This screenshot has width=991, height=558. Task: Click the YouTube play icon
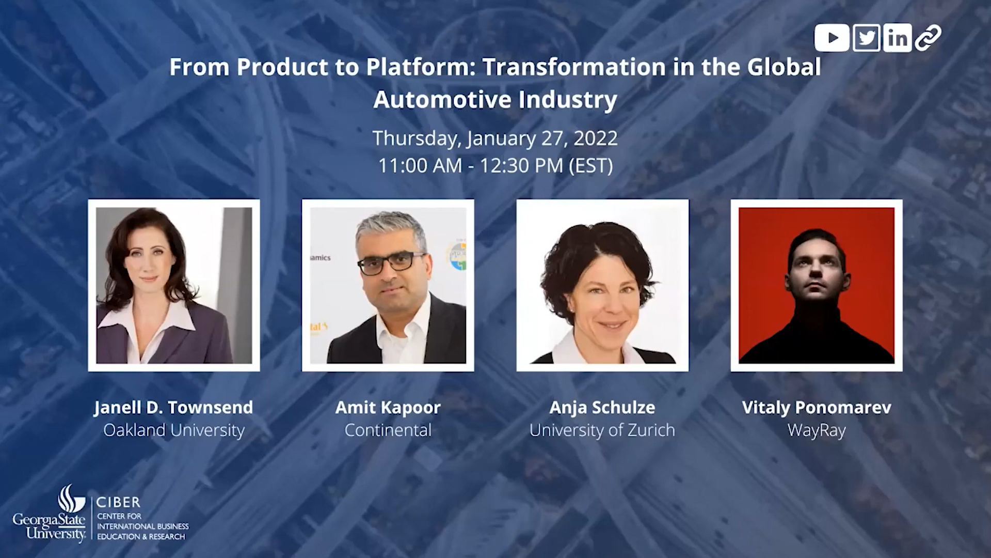[832, 38]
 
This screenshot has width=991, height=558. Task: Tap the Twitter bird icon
[866, 38]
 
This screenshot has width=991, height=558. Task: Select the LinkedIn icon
[897, 38]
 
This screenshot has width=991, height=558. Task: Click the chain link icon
[928, 38]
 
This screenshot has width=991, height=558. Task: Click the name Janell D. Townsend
[173, 408]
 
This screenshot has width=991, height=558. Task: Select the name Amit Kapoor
[388, 408]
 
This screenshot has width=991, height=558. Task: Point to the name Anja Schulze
[602, 408]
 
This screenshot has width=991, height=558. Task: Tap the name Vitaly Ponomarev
[817, 408]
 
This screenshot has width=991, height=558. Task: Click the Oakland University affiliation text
[173, 430]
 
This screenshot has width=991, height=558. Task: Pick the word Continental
[388, 430]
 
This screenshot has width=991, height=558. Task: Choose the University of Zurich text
[602, 430]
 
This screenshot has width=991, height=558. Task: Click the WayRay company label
[817, 430]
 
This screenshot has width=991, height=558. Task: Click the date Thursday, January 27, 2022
[495, 138]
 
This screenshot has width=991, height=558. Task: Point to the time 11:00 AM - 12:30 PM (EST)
[495, 166]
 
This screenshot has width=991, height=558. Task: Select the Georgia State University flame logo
[71, 499]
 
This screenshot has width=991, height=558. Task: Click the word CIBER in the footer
[118, 502]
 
